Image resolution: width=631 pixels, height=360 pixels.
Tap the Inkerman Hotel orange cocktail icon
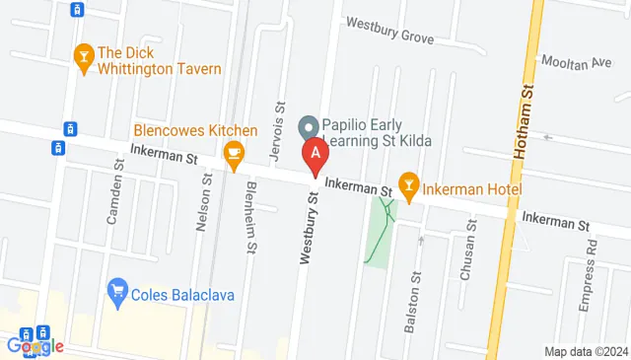click(409, 184)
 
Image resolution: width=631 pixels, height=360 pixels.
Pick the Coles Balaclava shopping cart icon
click(115, 291)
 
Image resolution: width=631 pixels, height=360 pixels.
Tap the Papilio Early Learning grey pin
click(308, 126)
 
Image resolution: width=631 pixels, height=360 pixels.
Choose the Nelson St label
click(205, 207)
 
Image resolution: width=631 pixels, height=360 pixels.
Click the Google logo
click(35, 345)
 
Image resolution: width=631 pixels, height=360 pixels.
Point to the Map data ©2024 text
click(586, 351)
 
